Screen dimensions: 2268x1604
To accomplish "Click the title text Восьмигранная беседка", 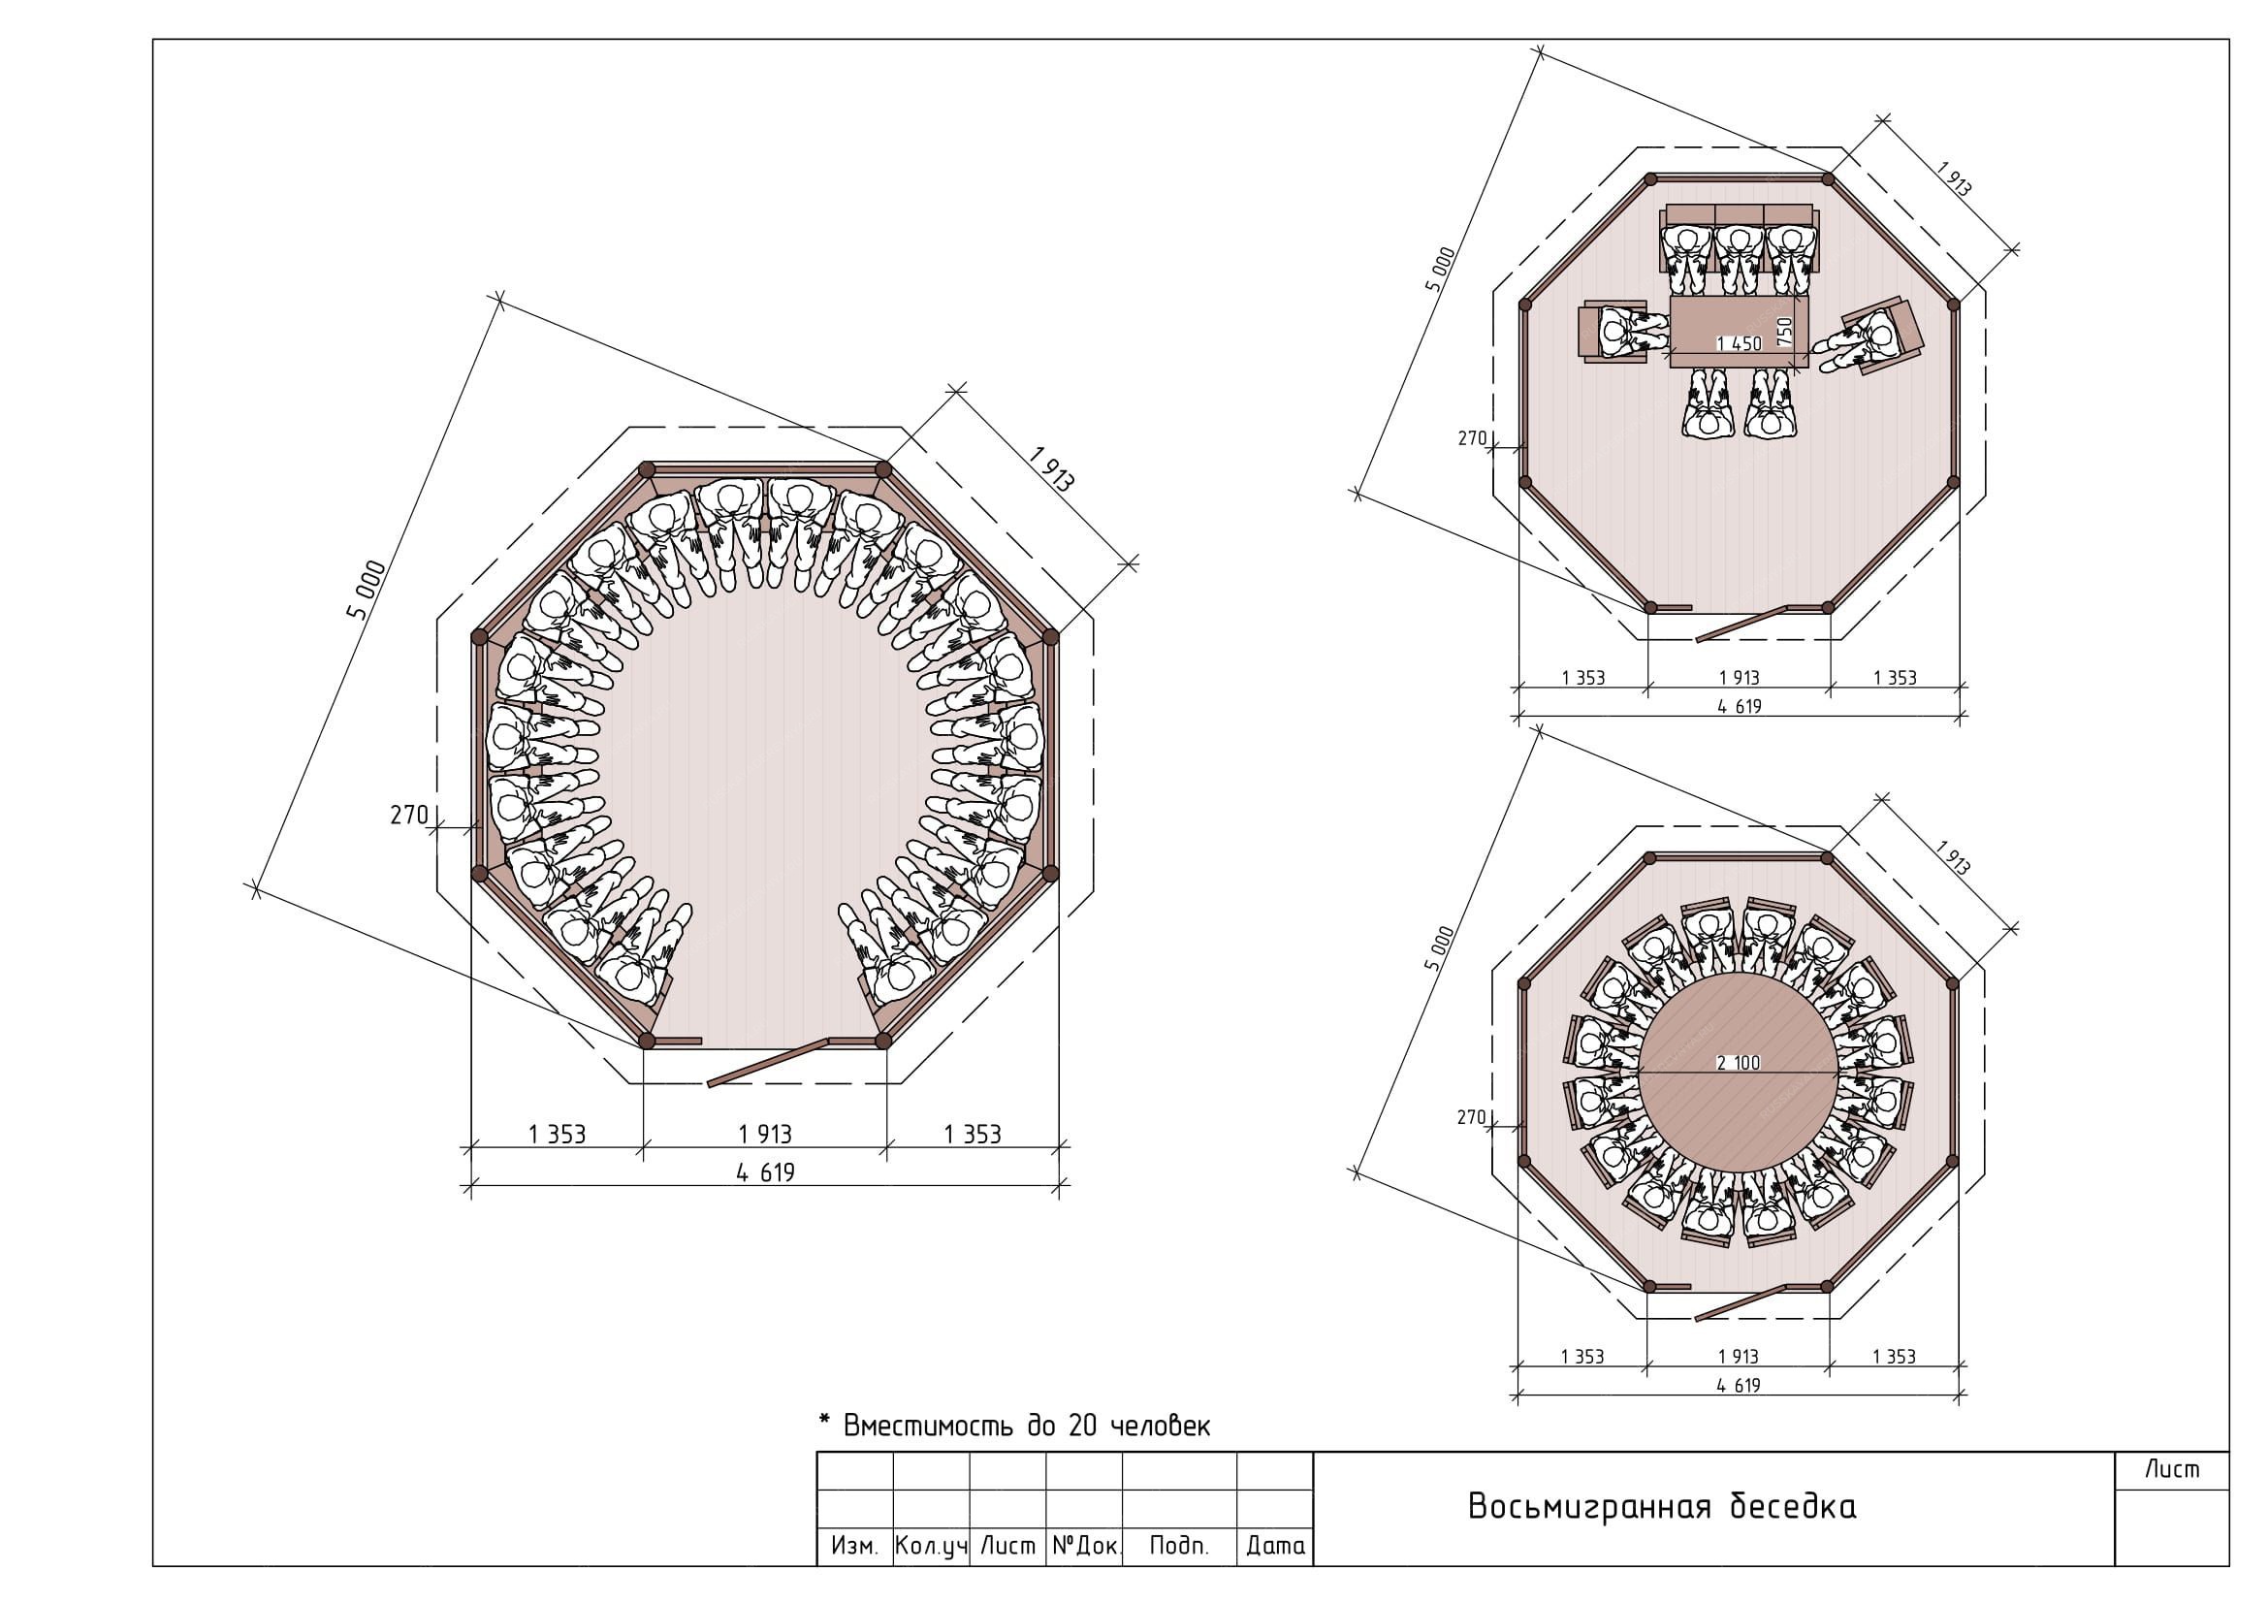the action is pos(1662,1506).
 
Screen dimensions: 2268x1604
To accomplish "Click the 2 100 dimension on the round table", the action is pos(1739,1064).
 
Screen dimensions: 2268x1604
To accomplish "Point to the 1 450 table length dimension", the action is pos(1740,343).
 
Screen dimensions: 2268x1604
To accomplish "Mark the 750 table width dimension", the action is pos(1784,330).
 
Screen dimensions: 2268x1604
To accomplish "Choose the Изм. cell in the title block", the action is pos(854,1547).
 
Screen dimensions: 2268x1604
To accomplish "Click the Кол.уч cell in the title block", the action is pos(931,1547).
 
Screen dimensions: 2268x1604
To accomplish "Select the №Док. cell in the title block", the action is pos(1086,1547).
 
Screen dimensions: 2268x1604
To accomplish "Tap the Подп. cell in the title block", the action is pos(1179,1547).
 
